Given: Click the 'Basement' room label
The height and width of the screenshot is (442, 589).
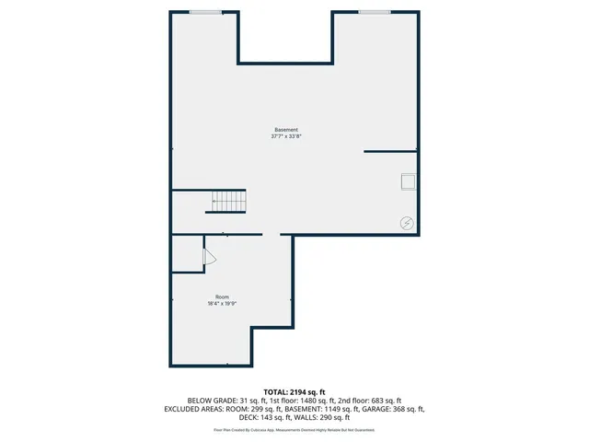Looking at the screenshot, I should [x=285, y=129].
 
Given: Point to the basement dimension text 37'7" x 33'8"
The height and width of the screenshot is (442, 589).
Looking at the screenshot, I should [x=285, y=136].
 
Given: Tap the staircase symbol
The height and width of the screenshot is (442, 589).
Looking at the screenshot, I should [x=229, y=201].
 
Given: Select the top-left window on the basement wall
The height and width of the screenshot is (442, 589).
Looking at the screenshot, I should [x=205, y=12].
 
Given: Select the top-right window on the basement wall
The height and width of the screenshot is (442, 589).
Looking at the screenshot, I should [x=374, y=12].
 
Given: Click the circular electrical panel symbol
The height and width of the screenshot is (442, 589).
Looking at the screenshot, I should [x=407, y=222].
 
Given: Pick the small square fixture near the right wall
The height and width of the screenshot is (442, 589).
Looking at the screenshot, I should [x=408, y=181].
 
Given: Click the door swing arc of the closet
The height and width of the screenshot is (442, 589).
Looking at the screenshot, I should [x=209, y=258].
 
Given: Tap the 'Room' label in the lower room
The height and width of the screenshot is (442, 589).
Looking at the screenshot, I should [x=223, y=297].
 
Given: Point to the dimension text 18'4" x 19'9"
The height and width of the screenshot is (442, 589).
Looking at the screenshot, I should [x=223, y=304].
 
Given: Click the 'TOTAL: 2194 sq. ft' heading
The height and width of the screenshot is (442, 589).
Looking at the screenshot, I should [x=294, y=392].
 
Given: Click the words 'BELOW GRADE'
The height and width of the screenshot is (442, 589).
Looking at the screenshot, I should [x=211, y=401].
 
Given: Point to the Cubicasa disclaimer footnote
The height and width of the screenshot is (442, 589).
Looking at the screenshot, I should [x=294, y=429].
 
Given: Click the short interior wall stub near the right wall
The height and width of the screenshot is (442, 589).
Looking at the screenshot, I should [x=390, y=151].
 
